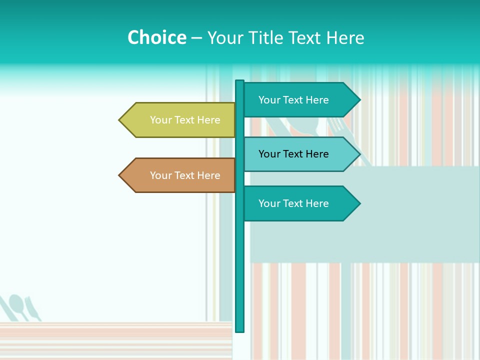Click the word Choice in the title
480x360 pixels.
tap(156, 37)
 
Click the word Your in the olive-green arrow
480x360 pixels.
tap(160, 120)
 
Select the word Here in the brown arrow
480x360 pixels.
tap(208, 175)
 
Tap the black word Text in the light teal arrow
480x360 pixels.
tap(293, 154)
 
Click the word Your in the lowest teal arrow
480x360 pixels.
tap(269, 203)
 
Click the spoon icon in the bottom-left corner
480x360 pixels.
tap(17, 305)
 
